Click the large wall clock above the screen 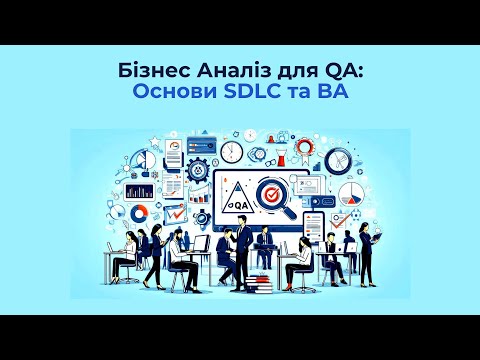(231, 150)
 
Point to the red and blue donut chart (139, 212)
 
